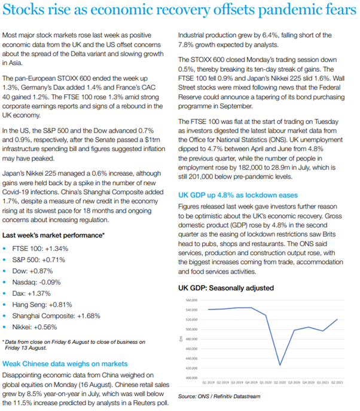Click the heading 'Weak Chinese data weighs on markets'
pyautogui.click(x=64, y=363)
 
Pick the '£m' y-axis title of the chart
pyautogui.click(x=181, y=339)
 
